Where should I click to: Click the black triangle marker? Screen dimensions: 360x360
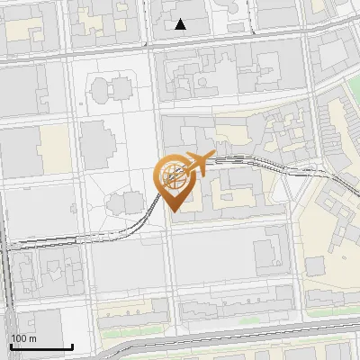[181, 24]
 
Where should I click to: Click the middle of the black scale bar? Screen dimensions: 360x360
[41, 346]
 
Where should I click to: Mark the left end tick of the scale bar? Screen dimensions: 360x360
[11, 346]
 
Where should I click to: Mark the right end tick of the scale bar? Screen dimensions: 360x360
[72, 346]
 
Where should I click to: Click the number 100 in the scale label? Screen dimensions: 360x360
[18, 338]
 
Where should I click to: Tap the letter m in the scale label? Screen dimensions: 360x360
[31, 338]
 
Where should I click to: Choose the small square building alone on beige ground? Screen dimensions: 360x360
[315, 265]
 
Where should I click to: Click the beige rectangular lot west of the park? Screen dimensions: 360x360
[55, 148]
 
